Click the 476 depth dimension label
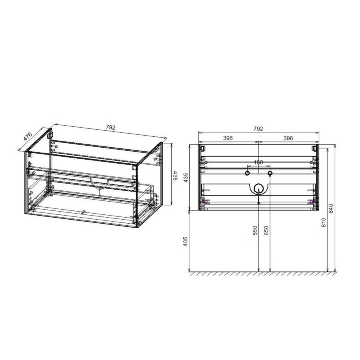[x=28, y=136]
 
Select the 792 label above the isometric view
[x=110, y=128]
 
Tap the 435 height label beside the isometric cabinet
[x=175, y=176]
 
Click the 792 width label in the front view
[x=258, y=128]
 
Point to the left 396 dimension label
[x=228, y=138]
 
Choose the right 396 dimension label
[x=288, y=138]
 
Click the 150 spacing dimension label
[x=258, y=162]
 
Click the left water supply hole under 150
[x=248, y=173]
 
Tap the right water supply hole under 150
[x=270, y=173]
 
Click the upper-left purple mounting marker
[x=206, y=162]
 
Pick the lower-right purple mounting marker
[x=311, y=202]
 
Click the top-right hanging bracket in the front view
[x=315, y=148]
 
